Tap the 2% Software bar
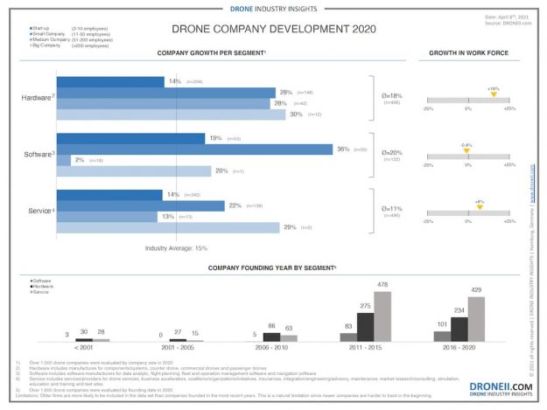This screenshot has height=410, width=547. click(x=70, y=160)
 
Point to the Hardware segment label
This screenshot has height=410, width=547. click(x=36, y=97)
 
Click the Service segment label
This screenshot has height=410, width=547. click(x=39, y=210)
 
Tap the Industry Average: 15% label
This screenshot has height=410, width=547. click(x=176, y=248)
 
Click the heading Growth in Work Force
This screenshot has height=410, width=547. click(x=467, y=53)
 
